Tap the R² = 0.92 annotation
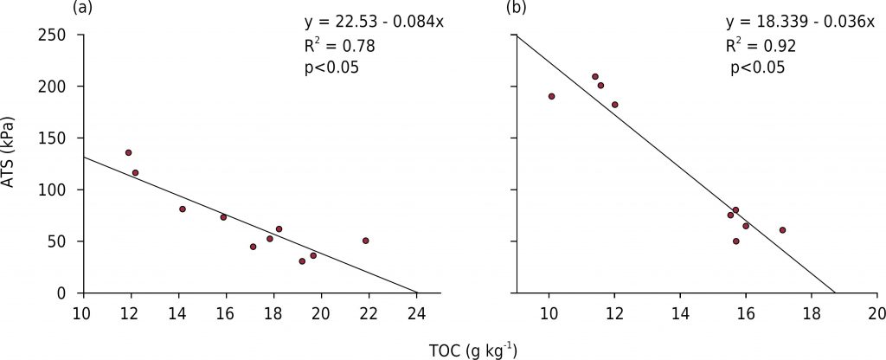click(761, 44)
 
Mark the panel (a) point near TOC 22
click(365, 241)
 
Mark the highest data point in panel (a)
click(128, 152)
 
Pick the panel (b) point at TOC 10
click(551, 96)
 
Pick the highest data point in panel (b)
click(595, 76)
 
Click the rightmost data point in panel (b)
click(782, 230)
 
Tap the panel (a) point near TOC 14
click(183, 209)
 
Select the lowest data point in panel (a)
click(302, 260)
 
